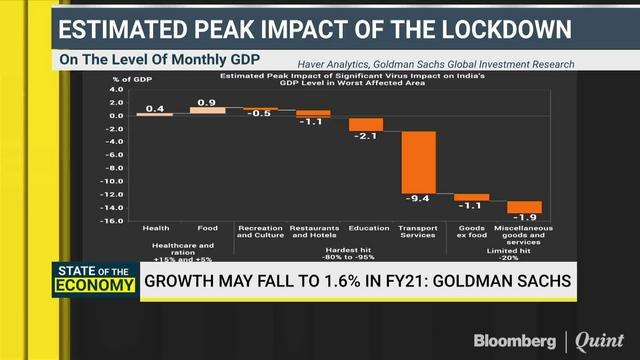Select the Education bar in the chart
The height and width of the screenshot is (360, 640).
366,123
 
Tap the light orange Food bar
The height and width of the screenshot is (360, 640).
207,110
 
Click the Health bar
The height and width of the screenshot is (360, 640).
155,113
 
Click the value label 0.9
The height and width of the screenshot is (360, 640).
208,103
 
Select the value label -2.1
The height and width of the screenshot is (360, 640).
366,135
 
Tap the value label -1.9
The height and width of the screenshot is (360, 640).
523,217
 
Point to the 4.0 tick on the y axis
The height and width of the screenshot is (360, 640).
115,89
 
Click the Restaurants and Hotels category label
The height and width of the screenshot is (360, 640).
313,232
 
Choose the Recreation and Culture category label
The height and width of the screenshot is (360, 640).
260,232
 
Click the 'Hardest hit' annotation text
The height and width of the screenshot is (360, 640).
366,245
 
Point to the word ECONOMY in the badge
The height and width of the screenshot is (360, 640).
103,289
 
